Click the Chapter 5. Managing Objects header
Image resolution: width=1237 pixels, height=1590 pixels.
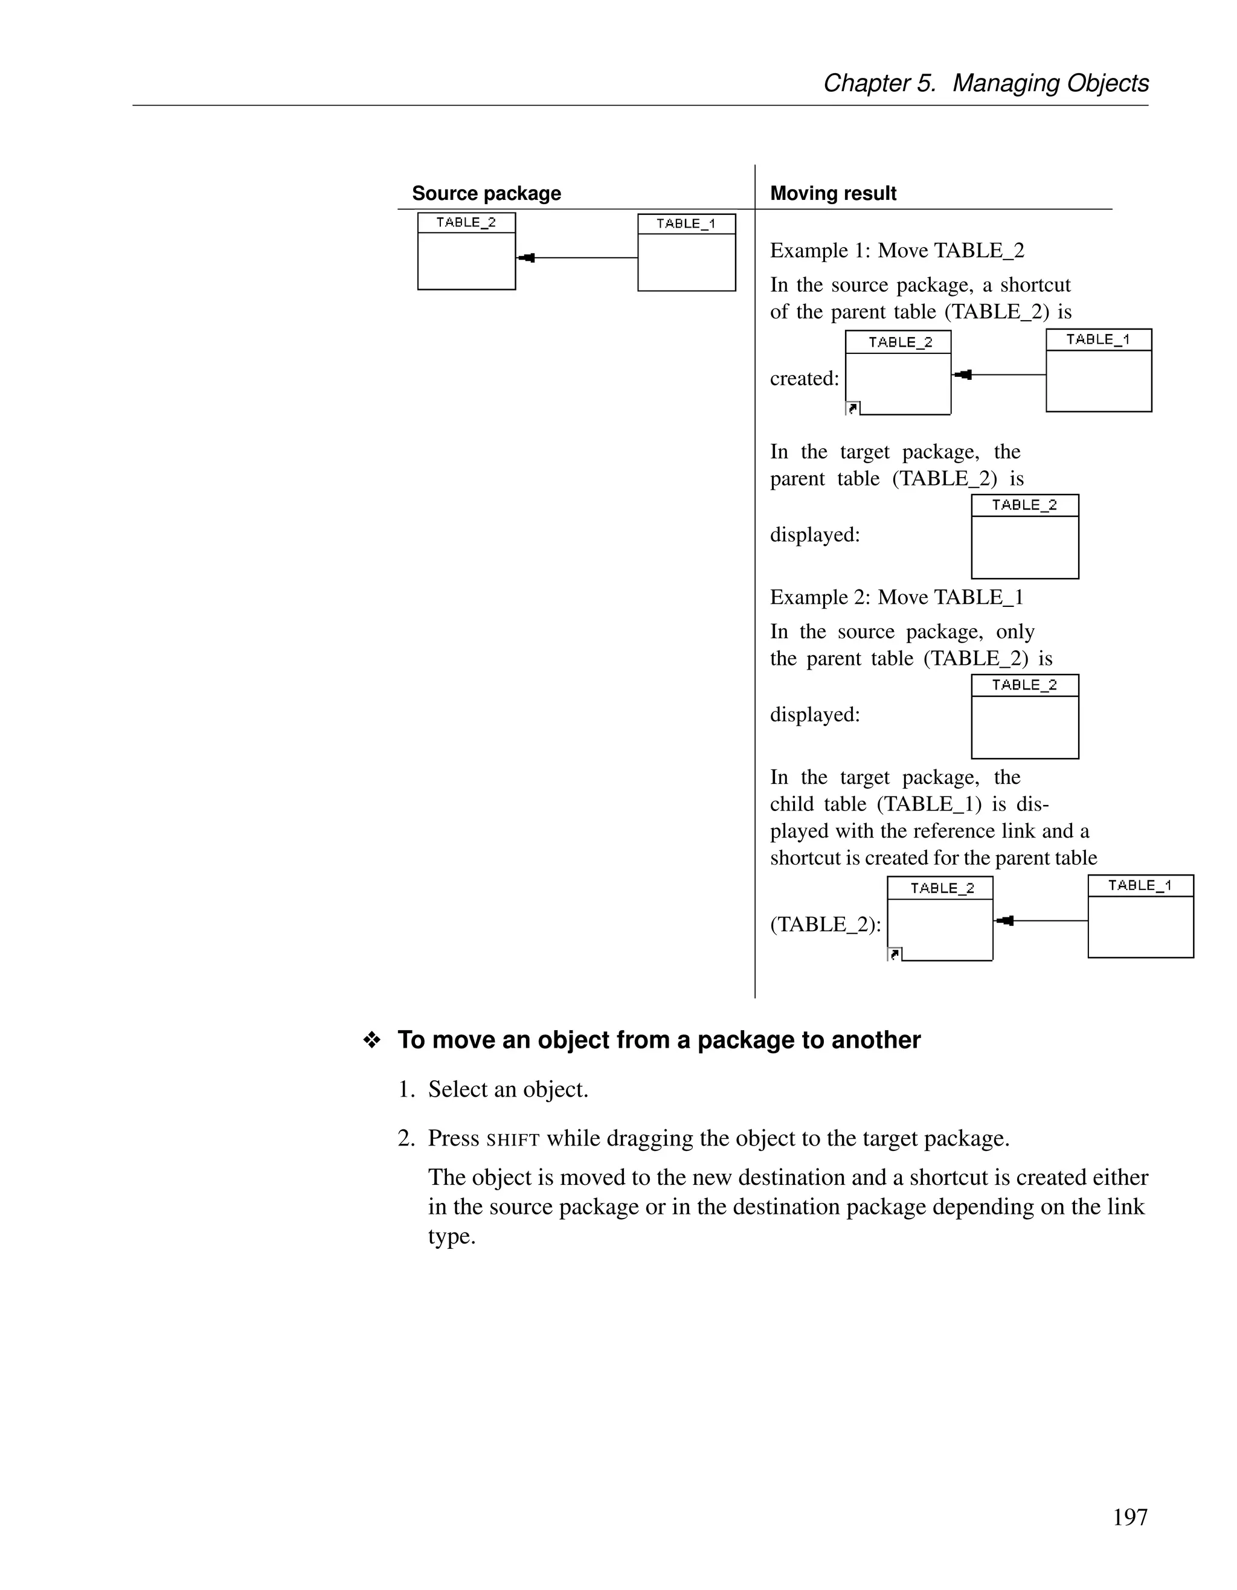pyautogui.click(x=986, y=83)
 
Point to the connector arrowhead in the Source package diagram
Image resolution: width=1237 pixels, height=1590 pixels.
pyautogui.click(x=527, y=258)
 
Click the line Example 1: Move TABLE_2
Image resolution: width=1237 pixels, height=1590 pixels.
pyautogui.click(x=897, y=251)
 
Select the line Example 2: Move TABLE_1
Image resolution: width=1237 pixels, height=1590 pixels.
pyautogui.click(x=897, y=597)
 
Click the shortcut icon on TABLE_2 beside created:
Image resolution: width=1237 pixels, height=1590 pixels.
pyautogui.click(x=853, y=408)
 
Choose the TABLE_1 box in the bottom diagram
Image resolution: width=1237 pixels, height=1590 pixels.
pyautogui.click(x=1141, y=916)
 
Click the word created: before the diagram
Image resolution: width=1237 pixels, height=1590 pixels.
pyautogui.click(x=805, y=379)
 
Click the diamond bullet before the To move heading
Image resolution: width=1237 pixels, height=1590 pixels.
pyautogui.click(x=372, y=1040)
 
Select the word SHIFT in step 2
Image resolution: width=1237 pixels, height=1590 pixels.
pyautogui.click(x=513, y=1140)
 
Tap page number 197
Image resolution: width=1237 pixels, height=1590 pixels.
pyautogui.click(x=1130, y=1517)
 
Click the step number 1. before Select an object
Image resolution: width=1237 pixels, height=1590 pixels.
pyautogui.click(x=407, y=1090)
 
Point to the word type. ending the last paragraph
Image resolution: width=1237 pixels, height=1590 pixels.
pyautogui.click(x=451, y=1236)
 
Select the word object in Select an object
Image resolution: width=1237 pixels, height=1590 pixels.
pyautogui.click(x=556, y=1090)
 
